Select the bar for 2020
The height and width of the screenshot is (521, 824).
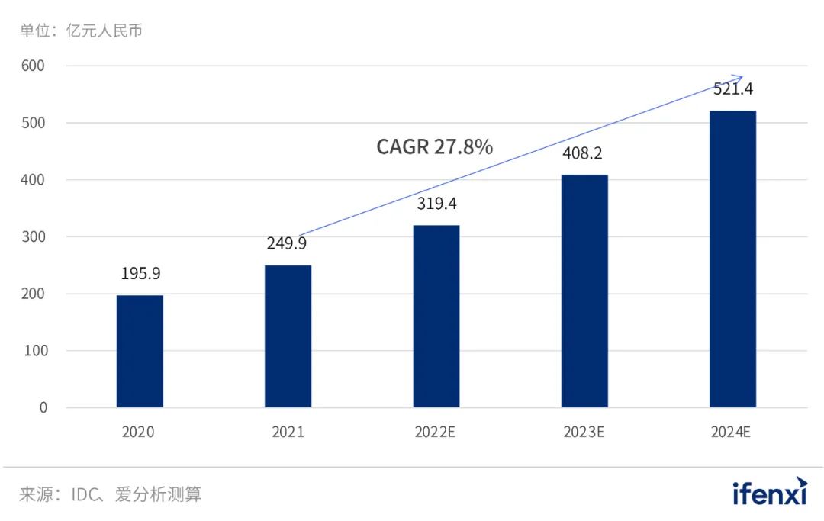tap(140, 351)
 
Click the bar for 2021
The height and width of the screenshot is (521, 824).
tap(288, 336)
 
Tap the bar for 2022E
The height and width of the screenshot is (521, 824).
tap(436, 316)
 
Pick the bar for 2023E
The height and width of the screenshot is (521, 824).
tap(584, 291)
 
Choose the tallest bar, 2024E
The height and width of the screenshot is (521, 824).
tap(732, 259)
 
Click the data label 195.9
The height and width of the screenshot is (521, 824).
tap(140, 274)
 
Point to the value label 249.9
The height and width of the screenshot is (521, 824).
tap(288, 243)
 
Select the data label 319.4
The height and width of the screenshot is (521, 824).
tap(437, 204)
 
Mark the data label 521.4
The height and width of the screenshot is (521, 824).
tap(732, 88)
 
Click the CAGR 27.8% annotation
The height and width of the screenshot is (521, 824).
tap(434, 146)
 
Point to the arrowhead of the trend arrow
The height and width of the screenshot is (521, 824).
tap(739, 76)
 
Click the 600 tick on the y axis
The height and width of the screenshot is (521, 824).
tap(33, 66)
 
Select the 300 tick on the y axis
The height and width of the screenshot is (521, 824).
tap(33, 236)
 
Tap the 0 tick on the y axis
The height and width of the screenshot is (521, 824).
tap(43, 407)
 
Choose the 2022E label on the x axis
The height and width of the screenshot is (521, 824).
tap(435, 432)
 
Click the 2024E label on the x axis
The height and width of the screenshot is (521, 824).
tap(732, 432)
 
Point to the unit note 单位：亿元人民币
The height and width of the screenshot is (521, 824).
tap(81, 31)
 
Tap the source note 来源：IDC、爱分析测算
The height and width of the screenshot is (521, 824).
tap(110, 494)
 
